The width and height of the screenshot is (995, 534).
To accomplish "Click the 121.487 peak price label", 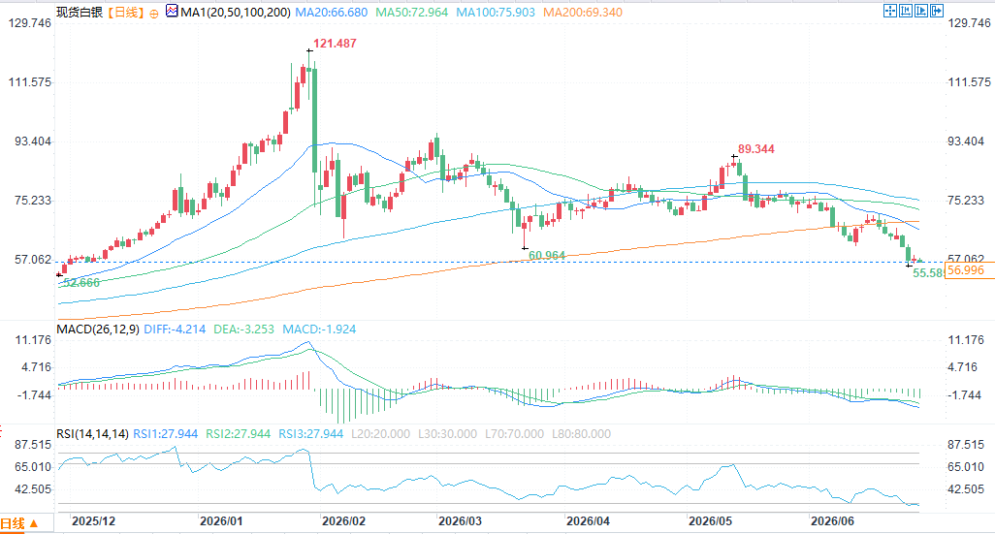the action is coord(335,43).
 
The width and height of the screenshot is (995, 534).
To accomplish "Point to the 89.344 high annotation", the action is coord(756,148).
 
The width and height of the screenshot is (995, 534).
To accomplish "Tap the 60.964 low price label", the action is coord(546,256).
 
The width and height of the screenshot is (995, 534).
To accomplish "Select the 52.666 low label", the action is coord(81,283).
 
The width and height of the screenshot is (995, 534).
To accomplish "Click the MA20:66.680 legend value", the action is coord(332,12).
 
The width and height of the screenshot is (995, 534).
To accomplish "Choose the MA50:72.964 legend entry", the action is coord(411,12).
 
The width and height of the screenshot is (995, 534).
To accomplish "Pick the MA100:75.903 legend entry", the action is coord(496,12).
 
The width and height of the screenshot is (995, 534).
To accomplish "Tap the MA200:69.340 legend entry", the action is coord(583,12).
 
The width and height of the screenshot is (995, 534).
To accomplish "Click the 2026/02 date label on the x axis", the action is coord(344,521).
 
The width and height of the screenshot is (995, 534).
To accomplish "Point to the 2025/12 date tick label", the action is coord(94,521).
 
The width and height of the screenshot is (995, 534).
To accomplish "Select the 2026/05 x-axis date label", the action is coord(710,521).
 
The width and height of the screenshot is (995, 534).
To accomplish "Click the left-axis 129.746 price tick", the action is coord(30,23).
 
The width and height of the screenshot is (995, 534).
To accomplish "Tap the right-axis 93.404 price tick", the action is coord(966,141).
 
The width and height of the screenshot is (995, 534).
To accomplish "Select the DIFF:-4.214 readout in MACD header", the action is coord(175,330).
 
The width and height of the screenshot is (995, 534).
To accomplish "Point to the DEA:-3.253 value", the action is coord(243,330).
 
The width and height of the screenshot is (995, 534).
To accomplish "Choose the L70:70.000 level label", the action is coord(514,434).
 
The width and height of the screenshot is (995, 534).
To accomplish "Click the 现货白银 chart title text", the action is coord(80,12).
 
